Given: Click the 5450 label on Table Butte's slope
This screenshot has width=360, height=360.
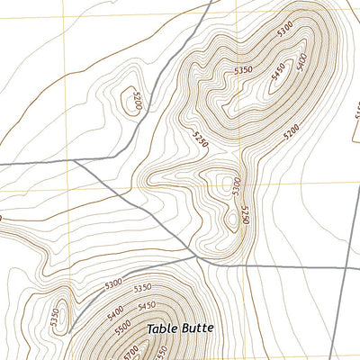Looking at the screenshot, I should pos(147,303).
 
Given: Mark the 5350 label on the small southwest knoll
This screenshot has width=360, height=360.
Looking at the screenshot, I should pos(55,317).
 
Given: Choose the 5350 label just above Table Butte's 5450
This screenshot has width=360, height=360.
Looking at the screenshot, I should pos(142,289).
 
